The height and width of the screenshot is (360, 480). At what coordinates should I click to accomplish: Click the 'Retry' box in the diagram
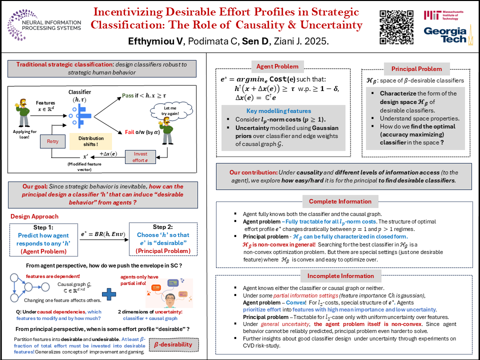pos(52,141)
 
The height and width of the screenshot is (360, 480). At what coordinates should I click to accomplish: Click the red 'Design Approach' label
pos(34,216)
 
